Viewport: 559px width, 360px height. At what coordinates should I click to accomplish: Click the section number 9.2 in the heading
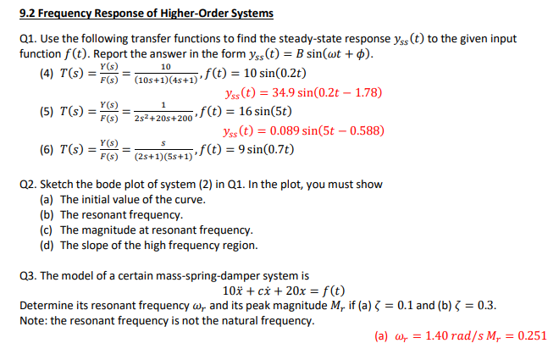pyautogui.click(x=26, y=13)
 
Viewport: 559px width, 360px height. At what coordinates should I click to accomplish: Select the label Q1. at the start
pyautogui.click(x=27, y=39)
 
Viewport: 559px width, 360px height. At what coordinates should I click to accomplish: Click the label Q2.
pyautogui.click(x=27, y=184)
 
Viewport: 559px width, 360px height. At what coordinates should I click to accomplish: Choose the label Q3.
pyautogui.click(x=27, y=275)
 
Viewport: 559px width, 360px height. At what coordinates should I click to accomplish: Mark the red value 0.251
pyautogui.click(x=530, y=335)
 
